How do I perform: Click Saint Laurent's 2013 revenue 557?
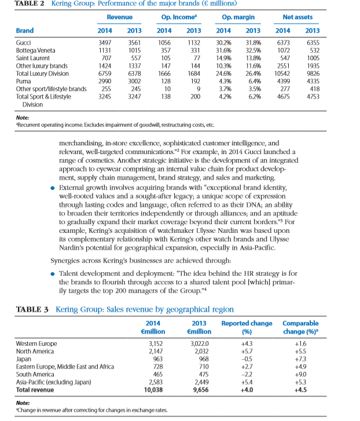coord(134,58)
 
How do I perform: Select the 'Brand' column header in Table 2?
coord(24,30)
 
